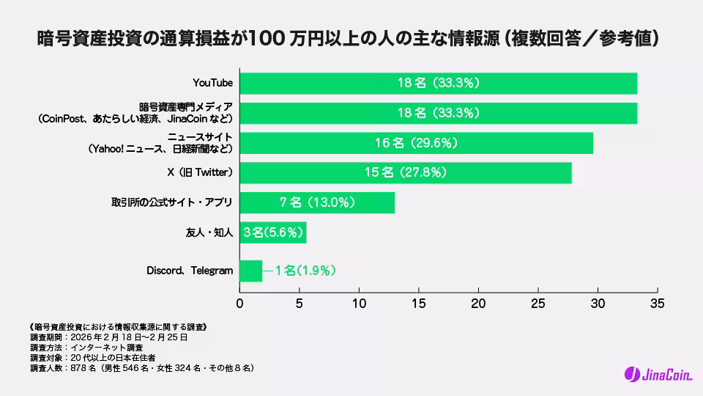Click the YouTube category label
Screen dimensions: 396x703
(212, 83)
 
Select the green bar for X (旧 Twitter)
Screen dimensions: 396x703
(405, 172)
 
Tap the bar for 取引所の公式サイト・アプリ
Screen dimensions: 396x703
(317, 202)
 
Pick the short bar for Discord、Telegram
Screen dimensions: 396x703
(250, 271)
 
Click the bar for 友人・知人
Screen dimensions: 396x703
(273, 232)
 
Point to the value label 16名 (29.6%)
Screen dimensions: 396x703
(416, 143)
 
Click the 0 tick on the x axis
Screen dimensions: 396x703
(240, 302)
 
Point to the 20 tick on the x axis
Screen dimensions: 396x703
(478, 302)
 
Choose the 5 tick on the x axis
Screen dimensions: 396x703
(300, 302)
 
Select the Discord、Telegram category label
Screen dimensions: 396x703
(190, 271)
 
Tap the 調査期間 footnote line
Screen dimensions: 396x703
(109, 337)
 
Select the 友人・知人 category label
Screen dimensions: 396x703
(209, 233)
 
